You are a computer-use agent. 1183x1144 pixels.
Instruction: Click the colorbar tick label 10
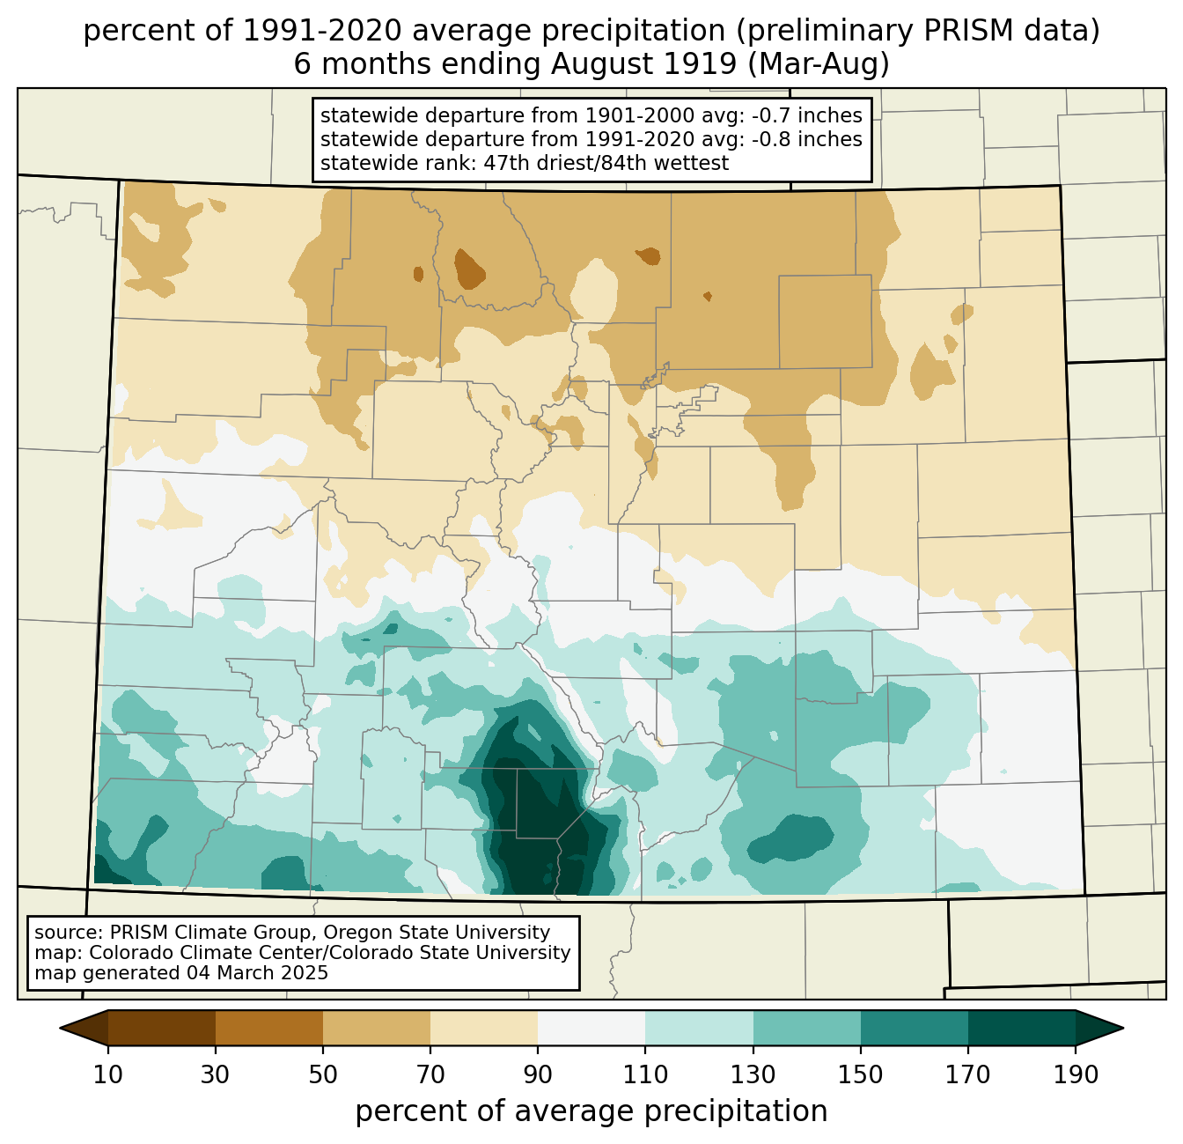[107, 1075]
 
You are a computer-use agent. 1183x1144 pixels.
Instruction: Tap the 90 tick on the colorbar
[538, 1075]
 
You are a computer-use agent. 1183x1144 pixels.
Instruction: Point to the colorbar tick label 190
[1075, 1075]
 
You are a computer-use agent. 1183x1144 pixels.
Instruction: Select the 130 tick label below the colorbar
[753, 1075]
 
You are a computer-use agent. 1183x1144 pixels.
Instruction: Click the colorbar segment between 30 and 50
[269, 1028]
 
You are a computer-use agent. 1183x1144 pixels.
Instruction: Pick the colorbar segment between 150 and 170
[914, 1028]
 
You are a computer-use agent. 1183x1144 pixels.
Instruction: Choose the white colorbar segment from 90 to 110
[591, 1028]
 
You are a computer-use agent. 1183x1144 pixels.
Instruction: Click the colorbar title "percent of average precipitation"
[591, 1111]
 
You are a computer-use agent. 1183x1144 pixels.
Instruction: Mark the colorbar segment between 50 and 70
[377, 1028]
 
